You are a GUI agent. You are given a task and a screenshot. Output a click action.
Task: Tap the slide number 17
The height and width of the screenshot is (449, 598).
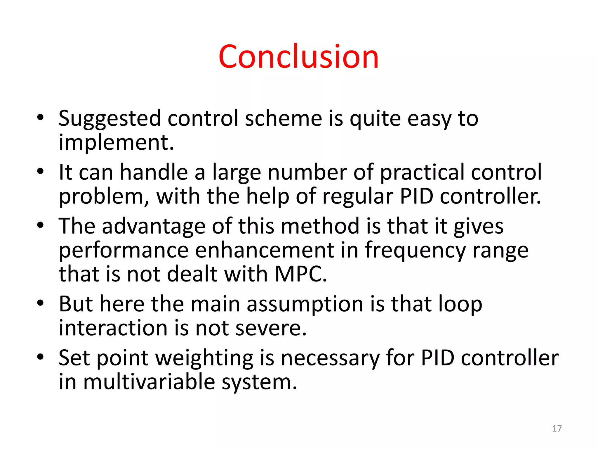[557, 429]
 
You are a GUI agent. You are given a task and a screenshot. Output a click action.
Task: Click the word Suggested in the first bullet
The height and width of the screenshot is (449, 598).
[109, 119]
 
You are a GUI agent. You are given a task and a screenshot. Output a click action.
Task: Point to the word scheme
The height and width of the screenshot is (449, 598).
[283, 118]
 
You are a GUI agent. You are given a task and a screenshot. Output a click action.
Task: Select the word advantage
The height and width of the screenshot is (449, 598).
[154, 226]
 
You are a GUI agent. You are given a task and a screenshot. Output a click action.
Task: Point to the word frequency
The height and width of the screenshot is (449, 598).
[415, 251]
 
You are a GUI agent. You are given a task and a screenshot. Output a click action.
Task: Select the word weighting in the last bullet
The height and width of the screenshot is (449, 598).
[204, 358]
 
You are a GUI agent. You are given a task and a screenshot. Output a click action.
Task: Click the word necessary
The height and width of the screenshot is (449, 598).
[330, 358]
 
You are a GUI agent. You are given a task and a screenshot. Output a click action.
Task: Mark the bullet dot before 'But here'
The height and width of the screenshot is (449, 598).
[40, 303]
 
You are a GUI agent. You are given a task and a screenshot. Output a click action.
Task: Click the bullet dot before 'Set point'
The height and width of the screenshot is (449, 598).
[40, 357]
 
